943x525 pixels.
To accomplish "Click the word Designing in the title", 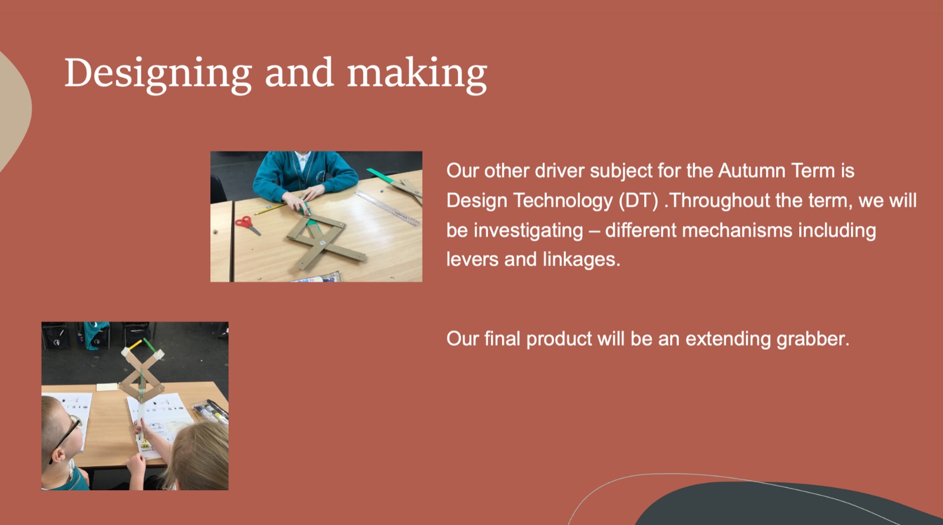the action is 158,75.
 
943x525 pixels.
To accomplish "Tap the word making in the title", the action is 417,75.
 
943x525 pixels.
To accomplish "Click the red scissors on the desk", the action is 247,225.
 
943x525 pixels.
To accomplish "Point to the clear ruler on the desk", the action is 388,209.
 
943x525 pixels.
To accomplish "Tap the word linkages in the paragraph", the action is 581,260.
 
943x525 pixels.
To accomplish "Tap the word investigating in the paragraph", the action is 528,231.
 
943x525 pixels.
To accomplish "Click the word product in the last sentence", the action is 559,339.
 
